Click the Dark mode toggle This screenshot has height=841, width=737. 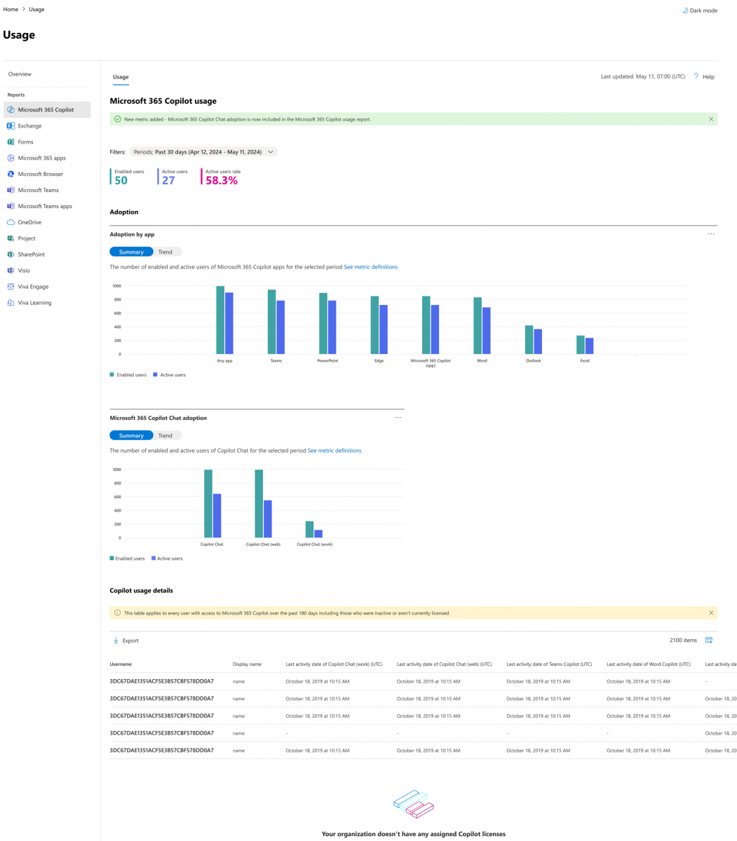pyautogui.click(x=700, y=11)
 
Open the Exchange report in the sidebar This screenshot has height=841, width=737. pyautogui.click(x=29, y=126)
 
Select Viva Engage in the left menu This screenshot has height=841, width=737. pyautogui.click(x=33, y=287)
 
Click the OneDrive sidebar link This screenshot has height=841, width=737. pyautogui.click(x=29, y=222)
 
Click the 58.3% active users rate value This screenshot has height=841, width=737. pyautogui.click(x=222, y=181)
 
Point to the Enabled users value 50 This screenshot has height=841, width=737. pyautogui.click(x=121, y=181)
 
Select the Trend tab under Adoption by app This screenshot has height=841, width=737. pyautogui.click(x=165, y=252)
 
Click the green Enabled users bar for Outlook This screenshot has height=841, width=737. pyautogui.click(x=529, y=340)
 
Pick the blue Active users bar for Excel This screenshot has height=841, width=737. pyautogui.click(x=590, y=346)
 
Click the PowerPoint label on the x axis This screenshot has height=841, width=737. pyautogui.click(x=327, y=361)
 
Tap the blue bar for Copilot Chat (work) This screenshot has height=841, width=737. pyautogui.click(x=318, y=533)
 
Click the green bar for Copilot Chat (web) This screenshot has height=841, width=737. pyautogui.click(x=259, y=503)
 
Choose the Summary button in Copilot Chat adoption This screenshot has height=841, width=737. pyautogui.click(x=131, y=435)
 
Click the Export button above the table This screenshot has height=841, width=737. pyautogui.click(x=126, y=641)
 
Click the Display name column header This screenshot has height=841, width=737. pyautogui.click(x=247, y=664)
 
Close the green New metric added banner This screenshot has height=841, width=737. pyautogui.click(x=711, y=119)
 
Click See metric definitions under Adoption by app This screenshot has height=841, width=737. pyautogui.click(x=370, y=267)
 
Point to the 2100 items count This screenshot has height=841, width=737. pyautogui.click(x=683, y=641)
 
